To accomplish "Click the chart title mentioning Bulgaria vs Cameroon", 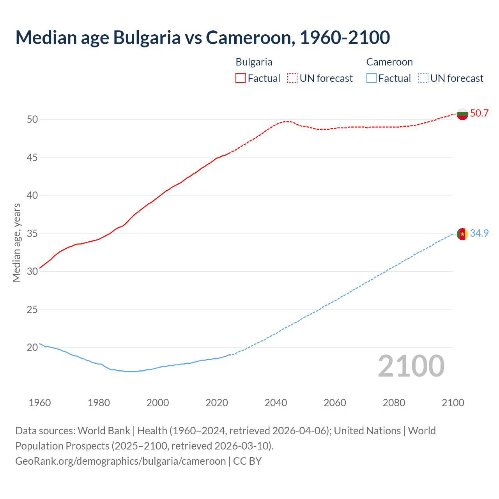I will [x=202, y=37].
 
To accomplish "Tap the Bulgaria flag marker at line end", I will [x=462, y=114].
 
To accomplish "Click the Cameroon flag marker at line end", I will [x=462, y=234].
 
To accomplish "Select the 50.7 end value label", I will [x=479, y=113].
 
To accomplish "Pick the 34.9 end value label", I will [x=479, y=233].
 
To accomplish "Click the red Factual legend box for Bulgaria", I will [x=241, y=78].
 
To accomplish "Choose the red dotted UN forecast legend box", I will [x=292, y=78].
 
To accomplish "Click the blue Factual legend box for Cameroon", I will [x=372, y=78].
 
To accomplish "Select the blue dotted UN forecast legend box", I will [x=423, y=78].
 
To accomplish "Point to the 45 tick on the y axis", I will [x=32, y=157].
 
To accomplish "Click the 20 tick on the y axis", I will [x=32, y=347].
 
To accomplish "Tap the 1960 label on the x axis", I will [x=40, y=403].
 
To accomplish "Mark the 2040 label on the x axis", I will [x=276, y=403].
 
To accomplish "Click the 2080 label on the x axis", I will [x=394, y=403].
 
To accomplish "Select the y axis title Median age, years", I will [x=16, y=242].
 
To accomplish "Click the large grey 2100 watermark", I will [x=411, y=366].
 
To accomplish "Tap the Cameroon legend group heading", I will [x=389, y=62].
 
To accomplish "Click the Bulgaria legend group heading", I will [x=254, y=62].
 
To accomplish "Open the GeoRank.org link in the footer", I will [x=120, y=461].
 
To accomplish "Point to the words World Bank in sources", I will [x=104, y=431].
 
